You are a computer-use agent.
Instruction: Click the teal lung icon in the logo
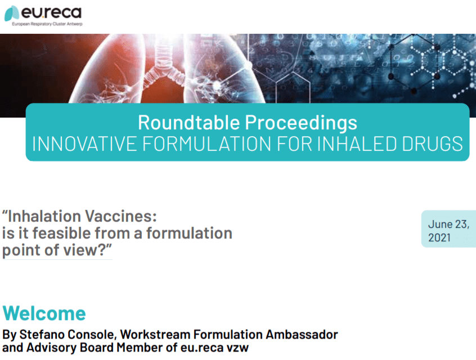[12, 13]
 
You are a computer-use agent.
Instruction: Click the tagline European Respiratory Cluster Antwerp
[47, 24]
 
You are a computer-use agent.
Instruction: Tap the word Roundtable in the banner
[189, 122]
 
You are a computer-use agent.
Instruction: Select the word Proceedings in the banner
[301, 123]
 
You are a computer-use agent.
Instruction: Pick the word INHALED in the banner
[357, 143]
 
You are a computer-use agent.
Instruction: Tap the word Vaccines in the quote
[120, 216]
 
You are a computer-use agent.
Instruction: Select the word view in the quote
[89, 250]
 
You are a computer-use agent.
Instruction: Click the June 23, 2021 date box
[448, 228]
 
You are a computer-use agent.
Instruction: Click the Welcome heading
[44, 313]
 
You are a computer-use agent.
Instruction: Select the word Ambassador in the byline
[302, 335]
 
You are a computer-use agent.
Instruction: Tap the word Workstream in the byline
[155, 335]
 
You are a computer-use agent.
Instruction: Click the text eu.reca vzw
[214, 348]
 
